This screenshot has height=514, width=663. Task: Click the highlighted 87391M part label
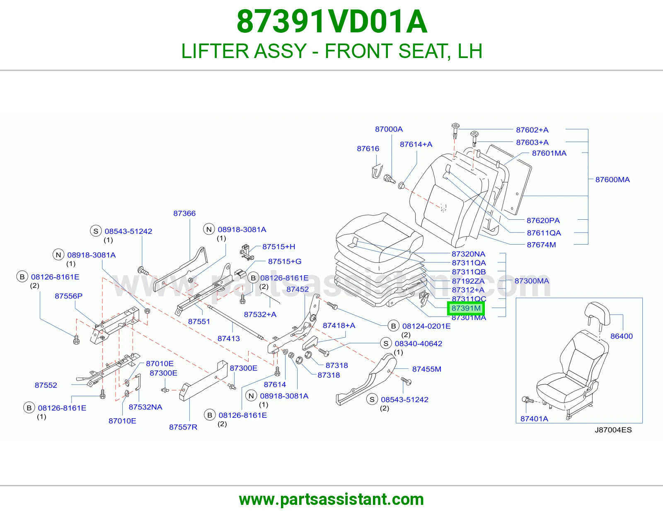[466, 308]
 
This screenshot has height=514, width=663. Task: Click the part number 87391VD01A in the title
[331, 22]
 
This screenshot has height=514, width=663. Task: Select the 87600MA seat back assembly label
[613, 179]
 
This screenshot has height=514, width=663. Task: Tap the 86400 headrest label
[622, 336]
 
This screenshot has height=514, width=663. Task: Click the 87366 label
[184, 213]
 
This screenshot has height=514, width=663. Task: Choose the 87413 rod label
[228, 339]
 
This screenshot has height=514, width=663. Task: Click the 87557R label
[183, 427]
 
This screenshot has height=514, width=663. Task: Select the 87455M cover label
[426, 369]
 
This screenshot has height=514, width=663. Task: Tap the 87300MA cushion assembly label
[532, 281]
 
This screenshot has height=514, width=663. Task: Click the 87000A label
[389, 129]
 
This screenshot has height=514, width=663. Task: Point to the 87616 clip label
[368, 149]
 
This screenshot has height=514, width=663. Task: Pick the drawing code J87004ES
[613, 430]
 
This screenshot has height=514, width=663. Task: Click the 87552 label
[46, 385]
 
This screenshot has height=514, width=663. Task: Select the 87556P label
[69, 296]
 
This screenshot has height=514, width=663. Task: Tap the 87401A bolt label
[534, 419]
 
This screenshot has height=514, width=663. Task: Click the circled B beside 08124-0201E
[394, 326]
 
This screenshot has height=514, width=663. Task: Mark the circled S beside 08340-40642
[386, 343]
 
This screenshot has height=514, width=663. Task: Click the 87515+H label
[278, 247]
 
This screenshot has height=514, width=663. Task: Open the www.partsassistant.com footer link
[331, 499]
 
